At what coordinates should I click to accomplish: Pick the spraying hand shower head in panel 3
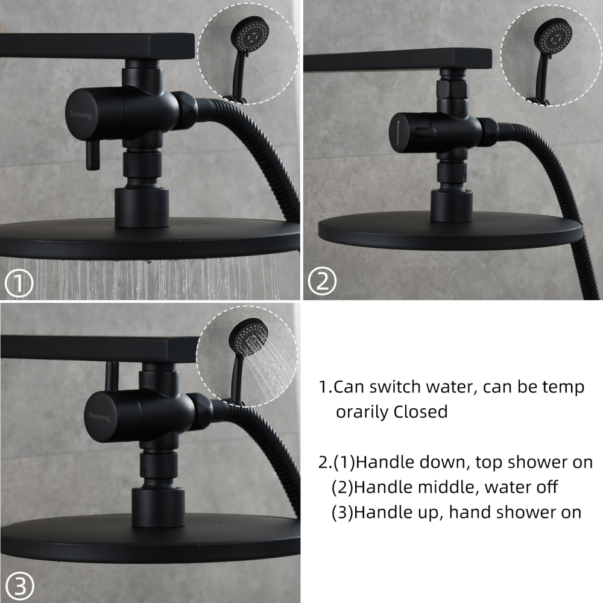coord(249,339)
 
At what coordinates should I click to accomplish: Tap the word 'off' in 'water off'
coord(546,487)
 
